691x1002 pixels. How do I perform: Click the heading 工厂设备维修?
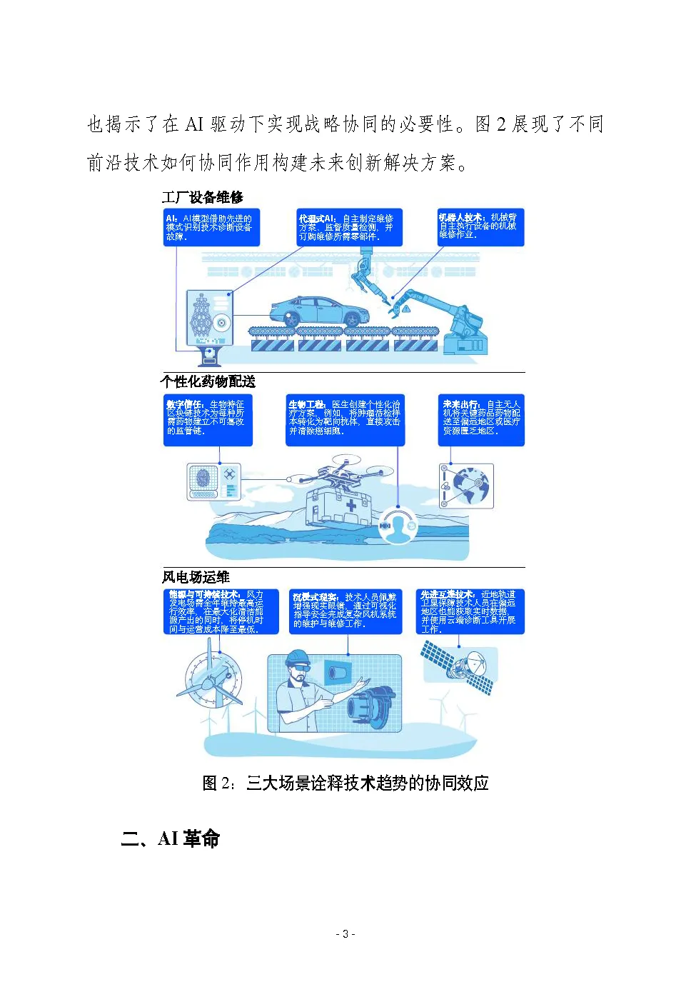pyautogui.click(x=202, y=197)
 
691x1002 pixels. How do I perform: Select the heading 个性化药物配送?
pyautogui.click(x=208, y=381)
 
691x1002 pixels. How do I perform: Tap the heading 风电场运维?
pyautogui.click(x=196, y=577)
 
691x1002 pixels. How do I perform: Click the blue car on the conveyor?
pyautogui.click(x=319, y=311)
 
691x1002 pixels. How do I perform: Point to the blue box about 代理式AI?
pyautogui.click(x=349, y=227)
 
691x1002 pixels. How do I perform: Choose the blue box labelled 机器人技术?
pyautogui.click(x=480, y=227)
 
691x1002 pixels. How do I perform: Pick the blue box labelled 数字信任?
pyautogui.click(x=208, y=420)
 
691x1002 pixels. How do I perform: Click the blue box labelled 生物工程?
pyautogui.click(x=345, y=420)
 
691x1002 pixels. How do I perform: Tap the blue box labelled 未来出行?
pyautogui.click(x=481, y=420)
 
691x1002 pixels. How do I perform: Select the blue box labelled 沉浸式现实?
pyautogui.click(x=345, y=611)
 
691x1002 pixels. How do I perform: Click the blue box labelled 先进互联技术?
pyautogui.click(x=470, y=611)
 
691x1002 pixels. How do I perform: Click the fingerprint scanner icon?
pyautogui.click(x=203, y=479)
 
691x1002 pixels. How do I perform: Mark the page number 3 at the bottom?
pyautogui.click(x=345, y=934)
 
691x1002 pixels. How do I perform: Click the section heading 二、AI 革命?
pyautogui.click(x=170, y=838)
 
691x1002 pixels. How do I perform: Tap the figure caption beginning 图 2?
pyautogui.click(x=345, y=783)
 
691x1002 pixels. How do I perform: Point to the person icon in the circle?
pyautogui.click(x=398, y=526)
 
